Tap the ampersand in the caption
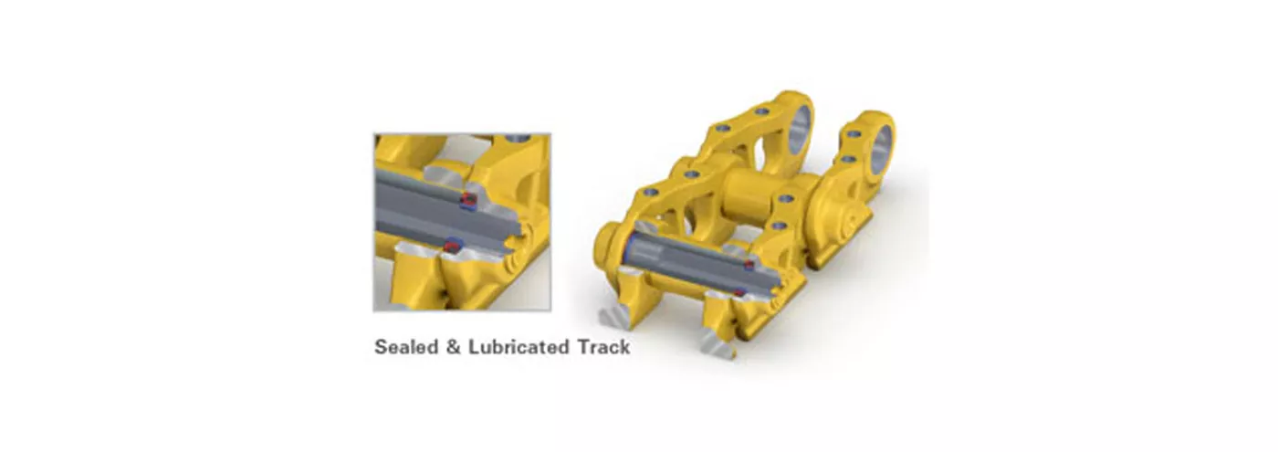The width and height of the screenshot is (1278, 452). tap(454, 347)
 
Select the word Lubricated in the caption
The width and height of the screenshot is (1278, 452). tap(519, 347)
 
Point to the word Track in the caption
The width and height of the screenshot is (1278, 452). tap(603, 347)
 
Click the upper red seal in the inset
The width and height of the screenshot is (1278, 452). tap(468, 200)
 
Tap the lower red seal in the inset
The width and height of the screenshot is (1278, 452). tap(452, 246)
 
